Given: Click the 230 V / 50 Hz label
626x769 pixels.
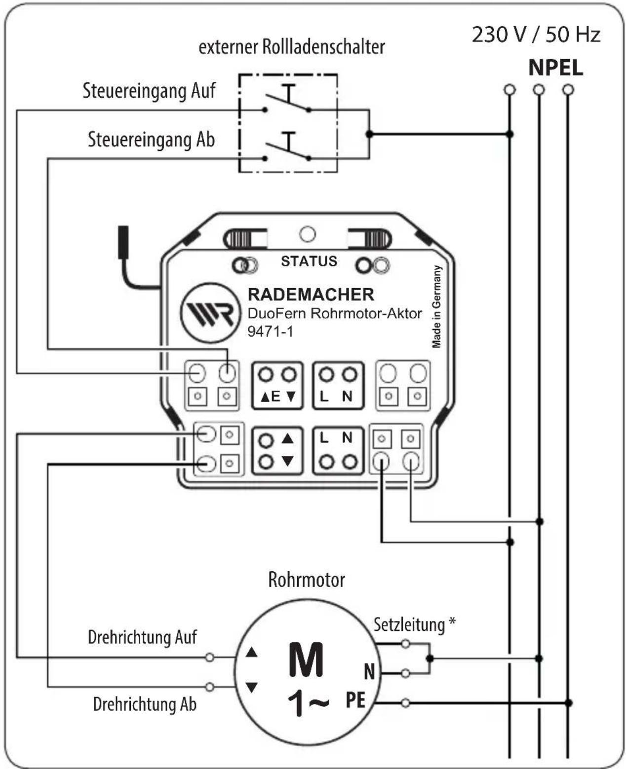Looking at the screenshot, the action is pyautogui.click(x=536, y=35).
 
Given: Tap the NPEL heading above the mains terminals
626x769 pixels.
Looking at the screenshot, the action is pyautogui.click(x=555, y=68).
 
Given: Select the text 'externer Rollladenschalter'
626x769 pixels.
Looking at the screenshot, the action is pyautogui.click(x=291, y=47).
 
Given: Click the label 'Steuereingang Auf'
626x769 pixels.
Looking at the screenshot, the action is pyautogui.click(x=149, y=91).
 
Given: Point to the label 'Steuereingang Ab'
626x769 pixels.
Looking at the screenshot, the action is pyautogui.click(x=151, y=140).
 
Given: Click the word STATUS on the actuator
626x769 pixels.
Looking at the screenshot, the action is pyautogui.click(x=309, y=261).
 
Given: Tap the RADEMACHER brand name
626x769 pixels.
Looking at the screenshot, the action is pyautogui.click(x=311, y=294).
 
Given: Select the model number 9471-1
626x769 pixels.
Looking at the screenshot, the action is pyautogui.click(x=270, y=331).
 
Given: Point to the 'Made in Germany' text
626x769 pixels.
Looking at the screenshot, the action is pyautogui.click(x=437, y=307).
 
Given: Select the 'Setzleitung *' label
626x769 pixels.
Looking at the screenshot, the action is pyautogui.click(x=414, y=624).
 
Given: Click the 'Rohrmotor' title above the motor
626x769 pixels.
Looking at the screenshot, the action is pyautogui.click(x=306, y=580).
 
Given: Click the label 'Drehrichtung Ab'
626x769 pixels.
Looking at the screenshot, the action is pyautogui.click(x=145, y=704).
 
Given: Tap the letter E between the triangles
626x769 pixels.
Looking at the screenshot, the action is pyautogui.click(x=275, y=397).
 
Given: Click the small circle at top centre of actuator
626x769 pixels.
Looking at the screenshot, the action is pyautogui.click(x=308, y=234).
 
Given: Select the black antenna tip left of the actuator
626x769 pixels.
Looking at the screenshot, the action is pyautogui.click(x=123, y=242).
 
